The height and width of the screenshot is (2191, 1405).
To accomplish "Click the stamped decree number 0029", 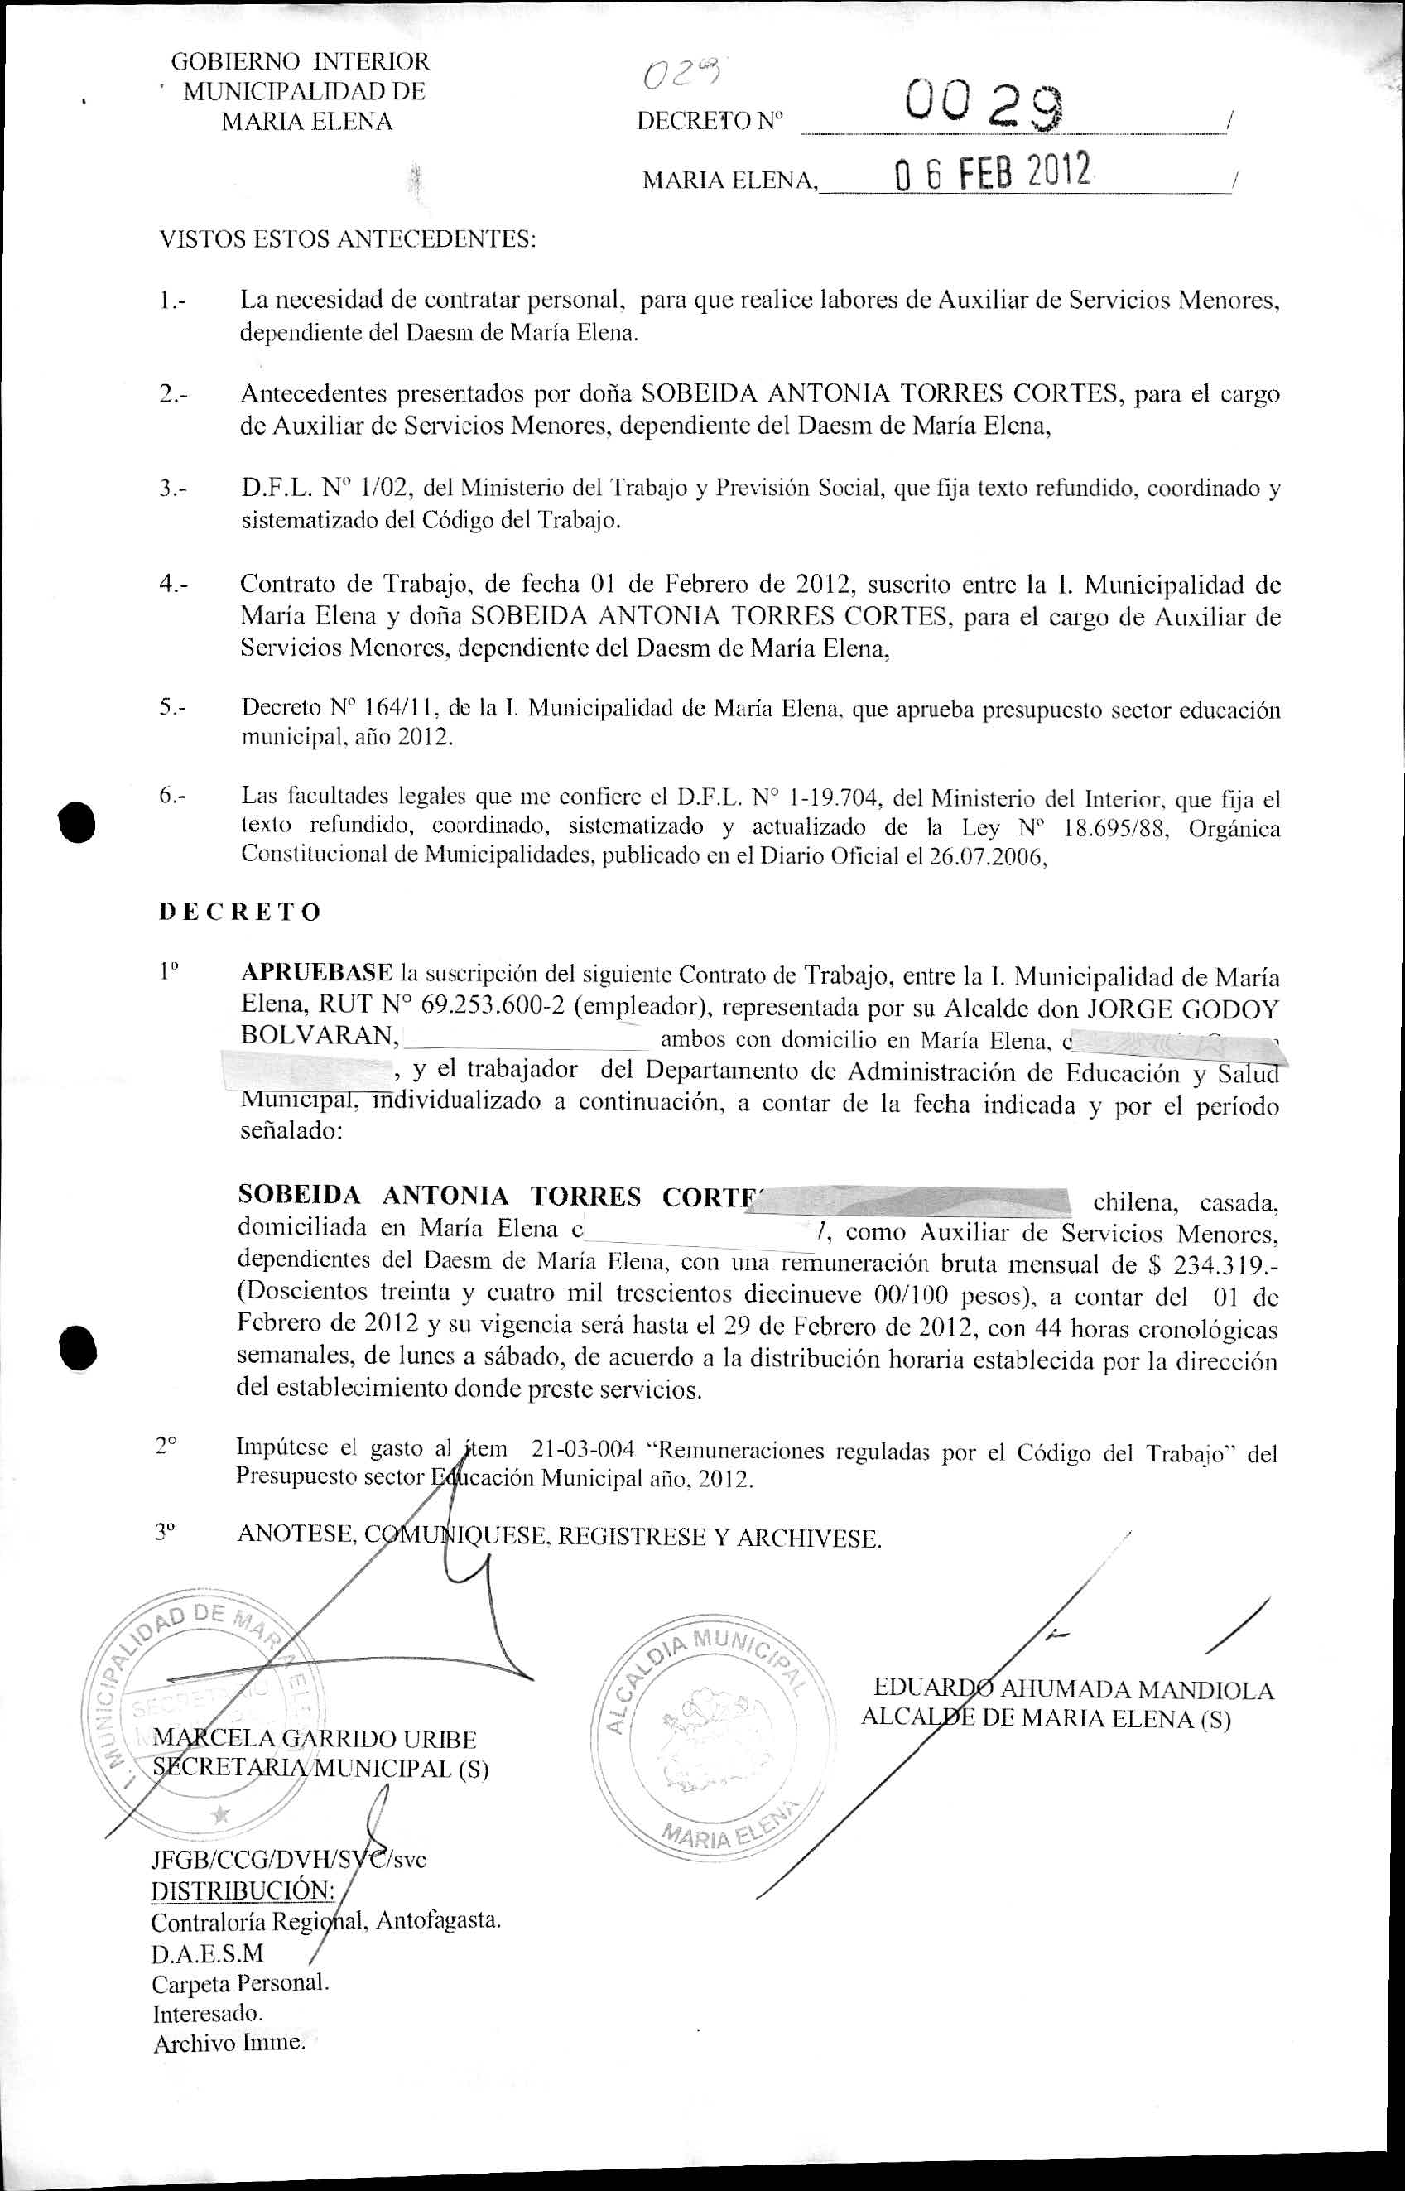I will (982, 108).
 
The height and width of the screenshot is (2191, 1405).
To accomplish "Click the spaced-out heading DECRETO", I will (240, 913).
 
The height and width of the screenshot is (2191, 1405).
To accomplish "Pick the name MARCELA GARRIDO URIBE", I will (315, 1739).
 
